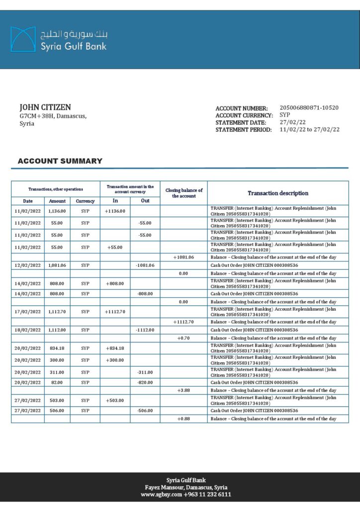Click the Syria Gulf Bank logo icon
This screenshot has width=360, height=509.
(23, 39)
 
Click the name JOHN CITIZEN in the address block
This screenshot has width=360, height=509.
(45, 107)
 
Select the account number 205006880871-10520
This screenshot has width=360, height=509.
(309, 108)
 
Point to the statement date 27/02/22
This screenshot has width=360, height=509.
(293, 122)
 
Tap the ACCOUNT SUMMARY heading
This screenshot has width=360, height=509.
(60, 161)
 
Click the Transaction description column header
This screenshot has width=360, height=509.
(278, 193)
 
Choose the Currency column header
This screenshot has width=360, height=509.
(85, 201)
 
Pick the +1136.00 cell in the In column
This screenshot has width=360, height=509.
(115, 211)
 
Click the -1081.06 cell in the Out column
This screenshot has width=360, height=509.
(145, 265)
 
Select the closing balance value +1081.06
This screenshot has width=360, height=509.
(183, 257)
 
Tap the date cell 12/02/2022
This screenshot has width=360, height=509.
(28, 265)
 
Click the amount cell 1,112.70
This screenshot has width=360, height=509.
(57, 312)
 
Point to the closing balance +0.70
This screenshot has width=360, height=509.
(183, 338)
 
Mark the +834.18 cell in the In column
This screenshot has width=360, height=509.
(115, 348)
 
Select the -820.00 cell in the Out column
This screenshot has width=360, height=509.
(145, 382)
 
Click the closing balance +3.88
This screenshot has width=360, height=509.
(183, 390)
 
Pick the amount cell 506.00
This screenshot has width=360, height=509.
(57, 411)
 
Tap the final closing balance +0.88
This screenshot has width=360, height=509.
(183, 419)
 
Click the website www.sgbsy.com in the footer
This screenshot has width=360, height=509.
(161, 495)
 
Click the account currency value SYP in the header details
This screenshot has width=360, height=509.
(285, 115)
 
